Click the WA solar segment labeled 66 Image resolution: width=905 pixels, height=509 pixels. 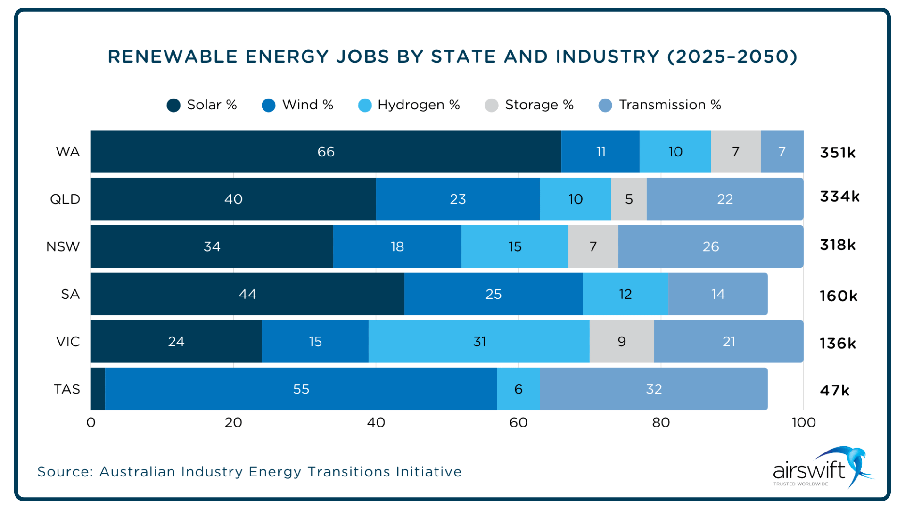coord(326,152)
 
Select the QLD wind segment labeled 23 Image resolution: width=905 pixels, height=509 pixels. coord(457,199)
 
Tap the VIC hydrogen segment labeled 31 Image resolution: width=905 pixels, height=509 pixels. coord(479,342)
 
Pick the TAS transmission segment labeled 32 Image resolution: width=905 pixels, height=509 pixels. coord(653,389)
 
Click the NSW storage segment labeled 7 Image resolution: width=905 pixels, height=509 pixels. coord(593,246)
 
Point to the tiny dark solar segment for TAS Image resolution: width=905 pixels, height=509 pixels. coord(98,389)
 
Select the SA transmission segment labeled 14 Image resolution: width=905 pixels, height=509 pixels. coord(717,294)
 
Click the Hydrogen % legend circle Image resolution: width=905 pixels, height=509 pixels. coord(365,105)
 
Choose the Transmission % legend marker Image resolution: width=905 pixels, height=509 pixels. coord(605,105)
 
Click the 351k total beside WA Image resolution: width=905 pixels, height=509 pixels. coord(838,152)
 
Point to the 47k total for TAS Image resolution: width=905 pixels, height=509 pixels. coord(834,390)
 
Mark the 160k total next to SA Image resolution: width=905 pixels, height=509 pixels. coord(838,296)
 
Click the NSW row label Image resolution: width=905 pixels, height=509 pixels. coord(63,246)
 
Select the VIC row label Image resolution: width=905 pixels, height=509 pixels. coord(68,342)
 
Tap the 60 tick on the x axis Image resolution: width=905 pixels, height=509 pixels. coord(518,422)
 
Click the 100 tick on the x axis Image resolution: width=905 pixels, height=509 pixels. coord(803,422)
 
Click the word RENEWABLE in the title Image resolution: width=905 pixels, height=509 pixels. coord(173,57)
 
